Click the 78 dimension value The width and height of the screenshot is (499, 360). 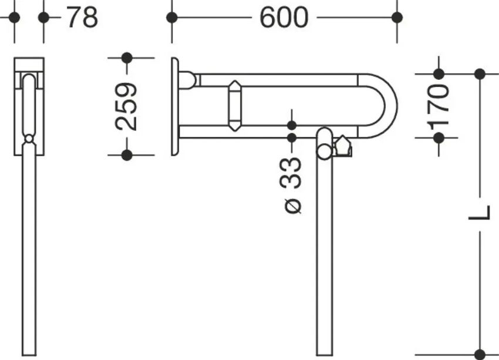82,18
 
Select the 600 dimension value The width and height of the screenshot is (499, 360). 284,18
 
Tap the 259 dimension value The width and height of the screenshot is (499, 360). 126,107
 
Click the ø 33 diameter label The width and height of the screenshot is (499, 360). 292,185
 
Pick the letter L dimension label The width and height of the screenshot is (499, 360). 479,213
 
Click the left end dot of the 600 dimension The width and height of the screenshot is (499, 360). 172,18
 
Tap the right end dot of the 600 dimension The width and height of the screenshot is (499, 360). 397,18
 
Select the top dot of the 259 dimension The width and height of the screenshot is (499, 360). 127,58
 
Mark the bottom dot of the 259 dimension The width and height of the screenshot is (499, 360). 127,155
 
